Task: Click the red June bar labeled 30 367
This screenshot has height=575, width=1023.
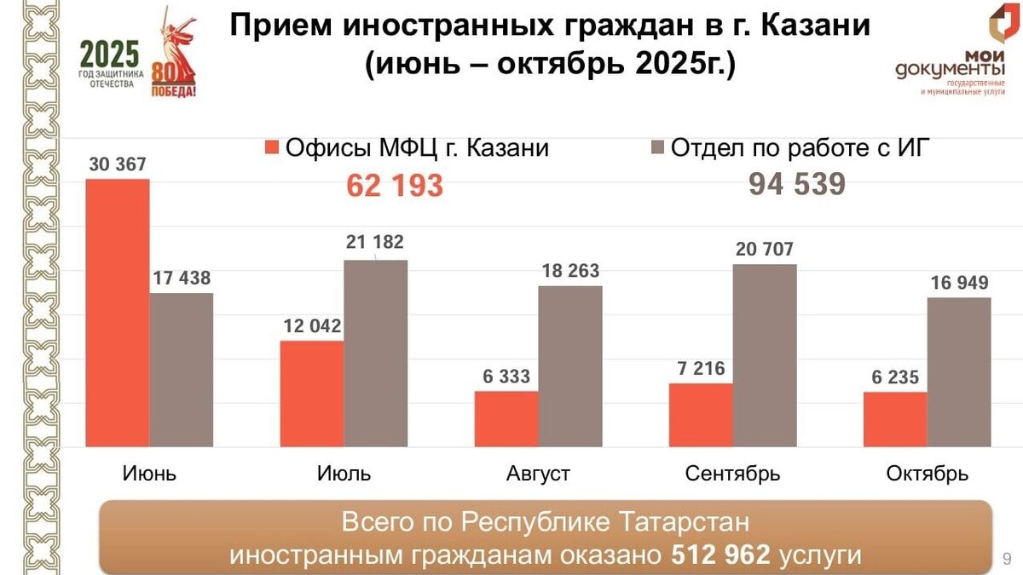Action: click(118, 313)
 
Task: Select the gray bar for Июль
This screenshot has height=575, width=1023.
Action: click(375, 353)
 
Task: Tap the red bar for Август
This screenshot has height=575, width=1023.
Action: click(506, 419)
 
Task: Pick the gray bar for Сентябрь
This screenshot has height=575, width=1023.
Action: click(765, 355)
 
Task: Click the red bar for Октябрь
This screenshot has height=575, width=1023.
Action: click(895, 419)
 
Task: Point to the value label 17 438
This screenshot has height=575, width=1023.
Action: click(181, 278)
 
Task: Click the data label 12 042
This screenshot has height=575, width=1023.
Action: click(312, 325)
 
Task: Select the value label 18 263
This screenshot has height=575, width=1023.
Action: click(569, 271)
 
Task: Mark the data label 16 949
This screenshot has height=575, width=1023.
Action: click(958, 282)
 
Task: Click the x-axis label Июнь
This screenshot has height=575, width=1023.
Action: click(149, 474)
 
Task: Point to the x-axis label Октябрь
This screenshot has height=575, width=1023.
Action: click(927, 474)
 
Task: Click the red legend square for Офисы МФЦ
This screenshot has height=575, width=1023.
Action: click(272, 148)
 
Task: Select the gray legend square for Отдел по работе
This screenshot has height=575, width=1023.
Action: click(657, 148)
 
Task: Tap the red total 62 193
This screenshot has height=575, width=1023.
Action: click(395, 185)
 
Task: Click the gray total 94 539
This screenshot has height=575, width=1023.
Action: click(797, 184)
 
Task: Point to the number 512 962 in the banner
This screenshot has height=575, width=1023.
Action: click(720, 555)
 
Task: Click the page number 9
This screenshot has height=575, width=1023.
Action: click(1007, 559)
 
